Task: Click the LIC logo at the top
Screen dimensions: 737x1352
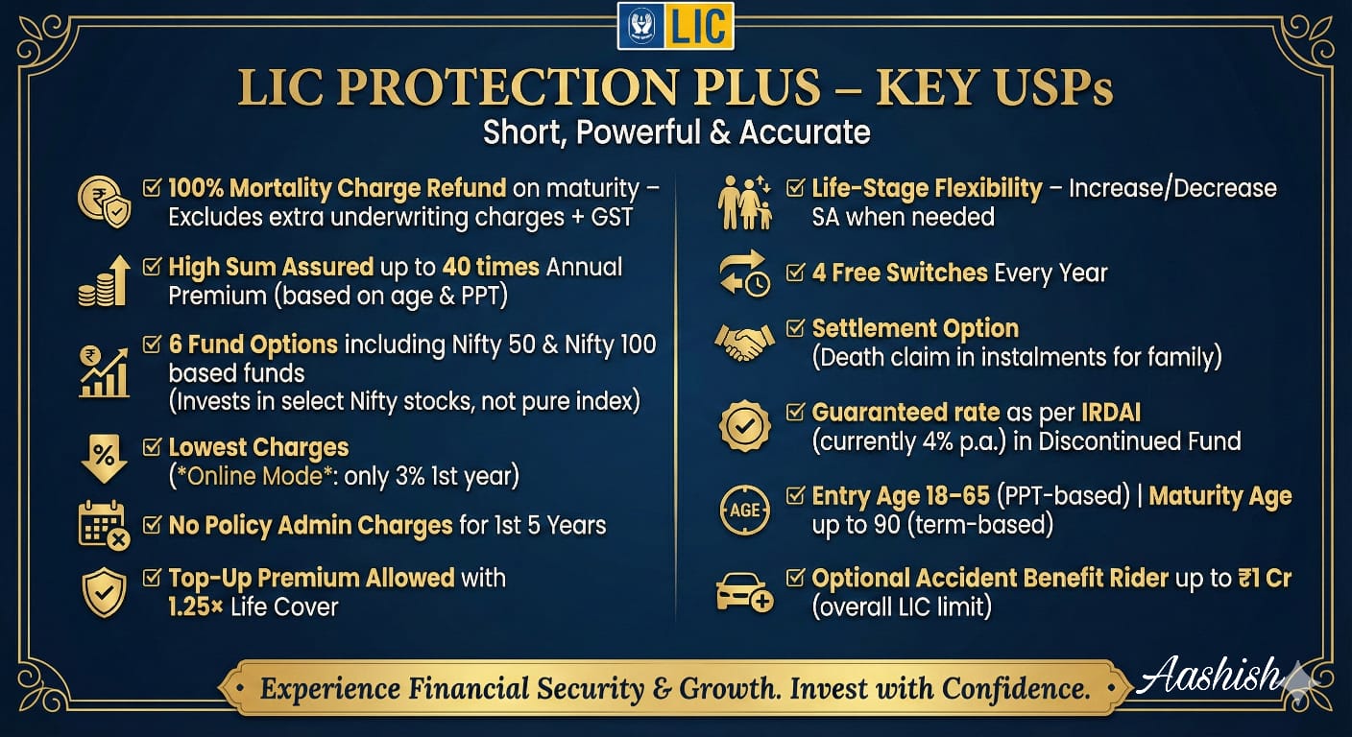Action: (675, 26)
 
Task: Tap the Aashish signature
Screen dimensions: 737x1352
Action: (1209, 677)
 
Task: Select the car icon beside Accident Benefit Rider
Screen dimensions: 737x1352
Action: (744, 591)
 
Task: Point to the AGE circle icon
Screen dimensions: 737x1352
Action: (744, 510)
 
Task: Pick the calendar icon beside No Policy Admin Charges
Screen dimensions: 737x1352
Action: (104, 525)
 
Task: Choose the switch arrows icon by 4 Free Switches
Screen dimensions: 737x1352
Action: (744, 273)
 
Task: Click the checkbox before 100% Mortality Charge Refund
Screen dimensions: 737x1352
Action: (152, 188)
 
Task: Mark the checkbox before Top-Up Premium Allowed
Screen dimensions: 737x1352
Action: (152, 579)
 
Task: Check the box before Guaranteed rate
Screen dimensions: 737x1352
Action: (795, 413)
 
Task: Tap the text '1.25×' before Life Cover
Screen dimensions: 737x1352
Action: (196, 606)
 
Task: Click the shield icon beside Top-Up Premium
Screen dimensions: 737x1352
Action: (104, 591)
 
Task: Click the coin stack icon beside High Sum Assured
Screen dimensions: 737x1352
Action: (104, 280)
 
